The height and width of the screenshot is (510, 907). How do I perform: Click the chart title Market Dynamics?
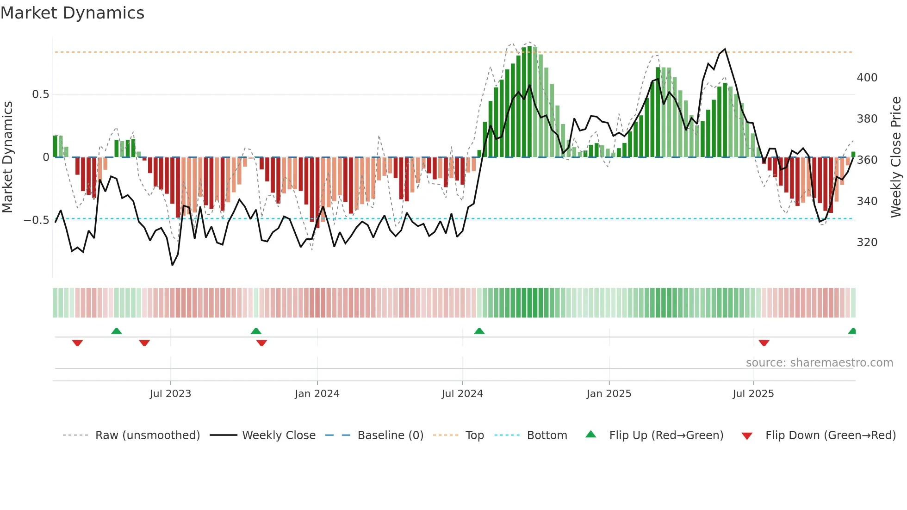pos(73,13)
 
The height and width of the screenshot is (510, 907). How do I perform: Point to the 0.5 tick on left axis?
pos(40,94)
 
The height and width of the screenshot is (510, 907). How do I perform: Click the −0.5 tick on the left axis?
pos(37,220)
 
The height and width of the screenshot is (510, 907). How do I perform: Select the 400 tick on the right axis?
pos(867,78)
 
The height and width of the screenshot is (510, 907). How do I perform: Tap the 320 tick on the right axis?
pos(867,243)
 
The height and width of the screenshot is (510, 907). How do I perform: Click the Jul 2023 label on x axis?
pos(170,394)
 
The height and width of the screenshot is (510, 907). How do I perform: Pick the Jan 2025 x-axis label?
pos(609,394)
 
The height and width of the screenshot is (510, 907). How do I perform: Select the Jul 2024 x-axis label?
pos(462,394)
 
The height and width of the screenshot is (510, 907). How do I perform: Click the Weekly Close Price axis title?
pos(896,157)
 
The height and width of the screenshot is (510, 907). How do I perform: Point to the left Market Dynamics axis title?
pos(7,157)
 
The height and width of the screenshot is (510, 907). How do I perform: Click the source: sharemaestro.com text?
pos(819,363)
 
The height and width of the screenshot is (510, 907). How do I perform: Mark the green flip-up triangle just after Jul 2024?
pos(479,331)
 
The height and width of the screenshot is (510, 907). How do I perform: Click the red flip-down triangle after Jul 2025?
pos(764,343)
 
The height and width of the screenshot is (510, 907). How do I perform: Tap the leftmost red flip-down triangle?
pos(77,343)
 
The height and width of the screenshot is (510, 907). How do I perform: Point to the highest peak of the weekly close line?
pos(725,49)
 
